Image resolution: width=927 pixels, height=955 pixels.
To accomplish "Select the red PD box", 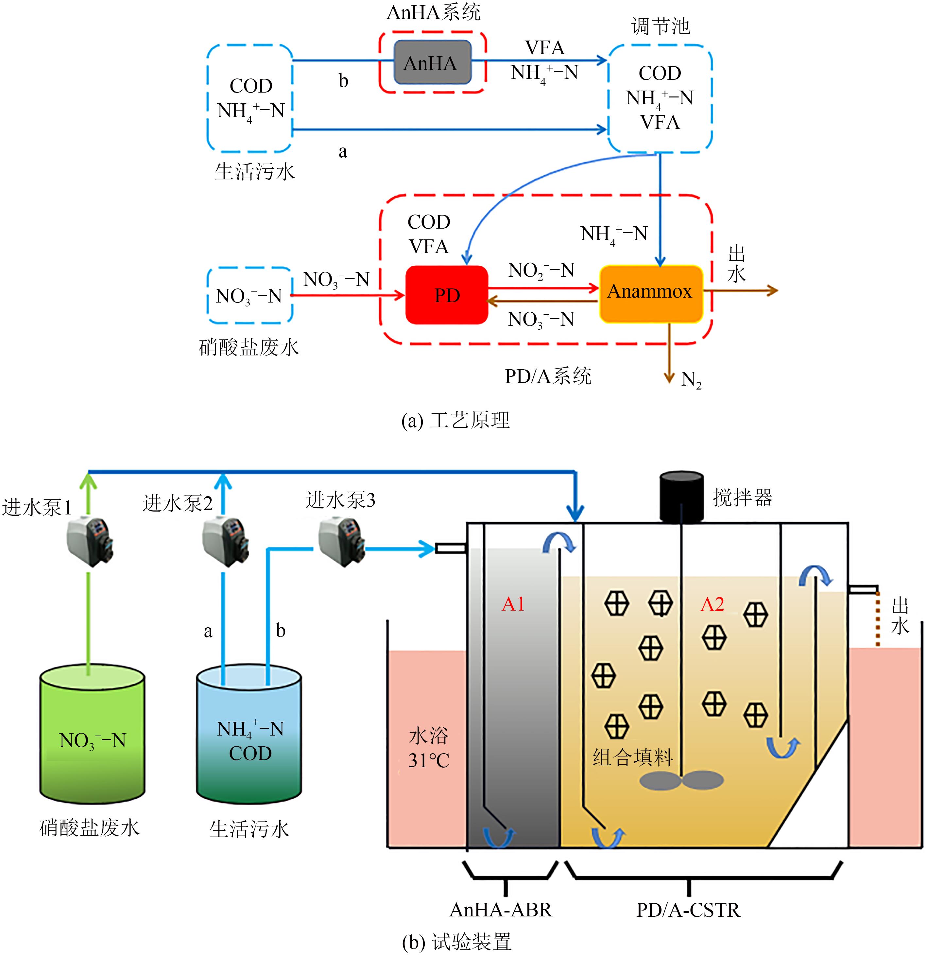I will coord(447,295).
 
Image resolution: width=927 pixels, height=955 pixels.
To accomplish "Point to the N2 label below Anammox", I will coord(691,380).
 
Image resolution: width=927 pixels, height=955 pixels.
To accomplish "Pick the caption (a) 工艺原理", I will coord(455,420).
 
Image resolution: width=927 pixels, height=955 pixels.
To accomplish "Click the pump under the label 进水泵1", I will coord(90,541).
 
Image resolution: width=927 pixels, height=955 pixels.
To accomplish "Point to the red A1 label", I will coord(513,604).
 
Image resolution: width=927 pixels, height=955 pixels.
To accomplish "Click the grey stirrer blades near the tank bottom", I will coord(681,780).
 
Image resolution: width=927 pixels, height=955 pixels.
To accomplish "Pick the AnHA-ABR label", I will coord(500,910).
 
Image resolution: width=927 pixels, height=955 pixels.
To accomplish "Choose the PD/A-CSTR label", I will coord(688,910).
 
